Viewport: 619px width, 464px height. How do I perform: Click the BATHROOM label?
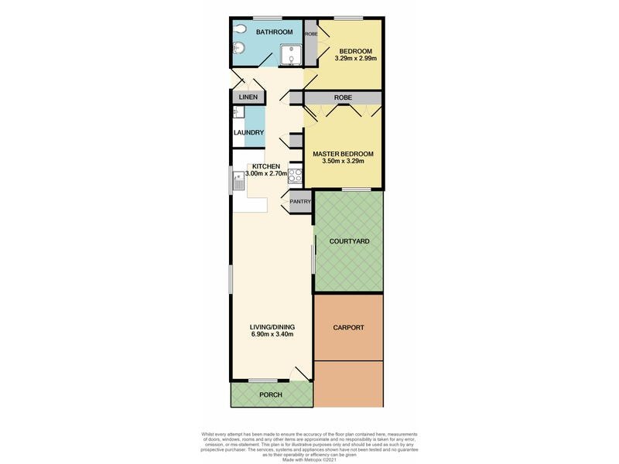pyautogui.click(x=275, y=32)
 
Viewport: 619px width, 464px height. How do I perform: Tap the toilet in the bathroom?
pyautogui.click(x=239, y=30)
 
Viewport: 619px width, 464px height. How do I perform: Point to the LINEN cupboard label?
pyautogui.click(x=248, y=97)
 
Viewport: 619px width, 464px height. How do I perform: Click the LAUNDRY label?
pyautogui.click(x=249, y=132)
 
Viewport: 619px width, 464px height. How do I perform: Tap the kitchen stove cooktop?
pyautogui.click(x=295, y=175)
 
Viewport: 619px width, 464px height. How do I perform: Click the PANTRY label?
pyautogui.click(x=300, y=202)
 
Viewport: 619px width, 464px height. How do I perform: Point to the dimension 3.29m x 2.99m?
pyautogui.click(x=355, y=58)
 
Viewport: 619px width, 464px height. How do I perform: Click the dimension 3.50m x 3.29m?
pyautogui.click(x=338, y=161)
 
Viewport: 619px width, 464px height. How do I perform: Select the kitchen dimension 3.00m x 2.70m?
pyautogui.click(x=265, y=175)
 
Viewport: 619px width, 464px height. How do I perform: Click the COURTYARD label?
pyautogui.click(x=349, y=241)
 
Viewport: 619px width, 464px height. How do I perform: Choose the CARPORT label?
pyautogui.click(x=348, y=327)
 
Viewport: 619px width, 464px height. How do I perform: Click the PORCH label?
pyautogui.click(x=271, y=395)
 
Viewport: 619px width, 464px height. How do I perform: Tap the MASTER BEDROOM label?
pyautogui.click(x=338, y=153)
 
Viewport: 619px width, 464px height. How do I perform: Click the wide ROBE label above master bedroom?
pyautogui.click(x=343, y=98)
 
